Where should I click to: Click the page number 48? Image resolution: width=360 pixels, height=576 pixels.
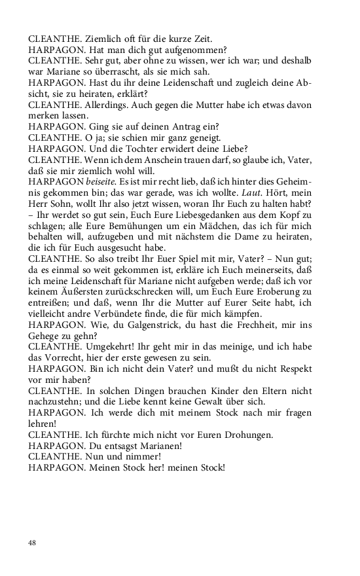[x=32, y=543]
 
